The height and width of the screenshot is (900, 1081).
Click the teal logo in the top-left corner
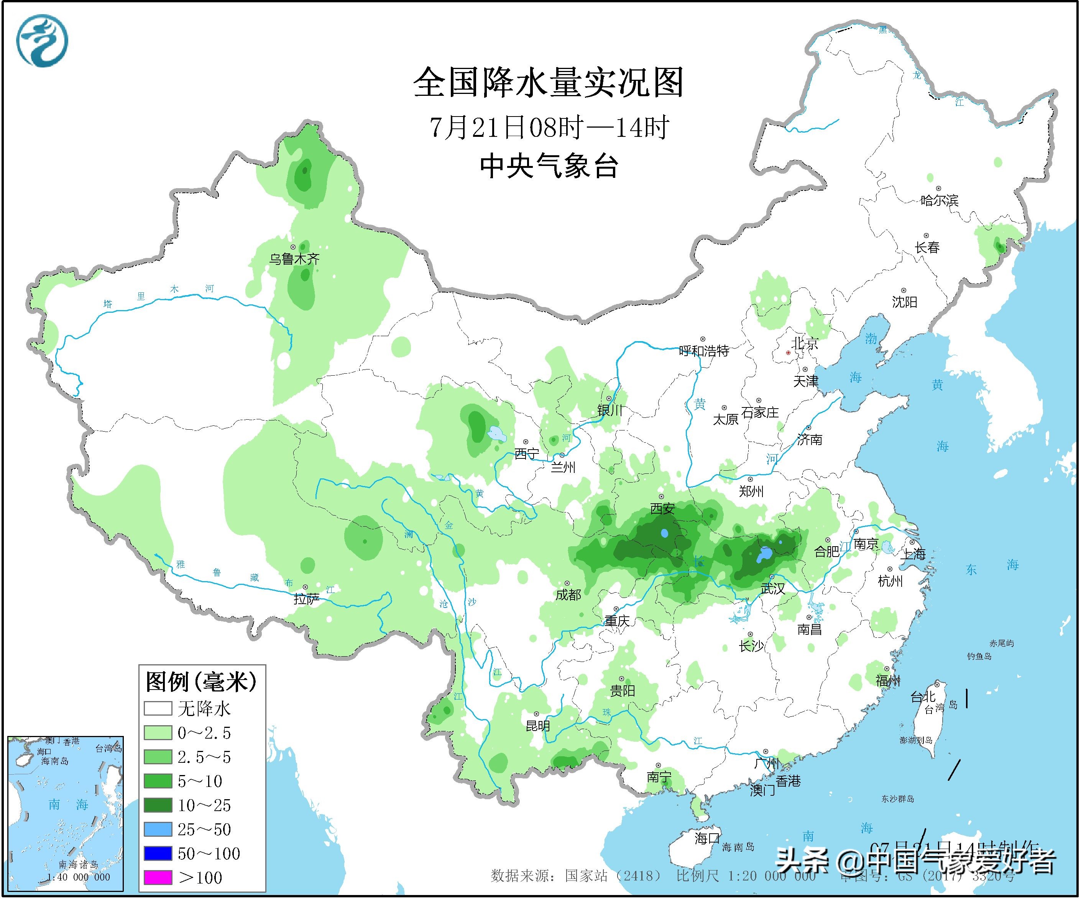[x=42, y=41]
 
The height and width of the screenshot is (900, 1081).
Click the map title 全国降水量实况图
[x=549, y=82]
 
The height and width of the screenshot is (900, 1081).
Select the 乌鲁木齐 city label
[x=294, y=258]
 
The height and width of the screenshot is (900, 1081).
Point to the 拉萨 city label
[x=306, y=598]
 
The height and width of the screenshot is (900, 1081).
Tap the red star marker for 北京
[x=788, y=353]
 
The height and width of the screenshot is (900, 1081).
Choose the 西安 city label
[x=662, y=508]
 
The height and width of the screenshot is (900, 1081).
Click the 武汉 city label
[x=773, y=588]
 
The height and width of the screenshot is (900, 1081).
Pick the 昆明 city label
[x=537, y=726]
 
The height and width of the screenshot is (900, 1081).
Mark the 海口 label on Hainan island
[x=707, y=839]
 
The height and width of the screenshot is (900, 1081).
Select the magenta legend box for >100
[x=158, y=877]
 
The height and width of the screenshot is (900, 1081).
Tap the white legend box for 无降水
[x=158, y=709]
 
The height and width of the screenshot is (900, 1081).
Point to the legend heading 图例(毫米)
[x=201, y=682]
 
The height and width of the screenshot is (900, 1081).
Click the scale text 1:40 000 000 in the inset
[x=78, y=877]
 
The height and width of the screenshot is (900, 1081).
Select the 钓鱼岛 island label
[x=979, y=656]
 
